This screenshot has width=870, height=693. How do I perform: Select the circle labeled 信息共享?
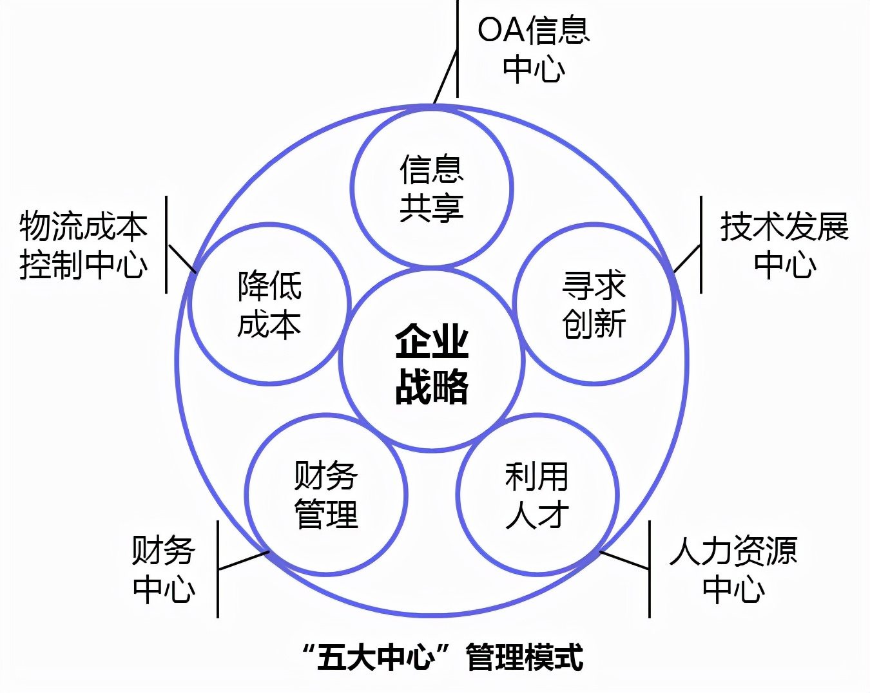point(432,187)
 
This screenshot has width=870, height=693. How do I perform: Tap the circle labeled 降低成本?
point(269,305)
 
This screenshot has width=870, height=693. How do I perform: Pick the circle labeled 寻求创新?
point(594,305)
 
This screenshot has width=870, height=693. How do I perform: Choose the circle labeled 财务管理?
point(326,495)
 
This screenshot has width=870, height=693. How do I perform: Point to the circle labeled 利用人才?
point(537,495)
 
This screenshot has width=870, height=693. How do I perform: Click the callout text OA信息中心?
point(534,49)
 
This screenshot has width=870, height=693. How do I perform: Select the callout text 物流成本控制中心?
point(84,245)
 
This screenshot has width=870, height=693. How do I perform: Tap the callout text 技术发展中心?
point(784,245)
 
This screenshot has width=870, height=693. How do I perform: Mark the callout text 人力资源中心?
point(733,569)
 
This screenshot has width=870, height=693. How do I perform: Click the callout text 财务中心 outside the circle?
point(164,569)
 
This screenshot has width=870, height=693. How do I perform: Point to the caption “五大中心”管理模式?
point(443,657)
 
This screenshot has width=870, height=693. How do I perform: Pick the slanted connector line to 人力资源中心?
point(624,560)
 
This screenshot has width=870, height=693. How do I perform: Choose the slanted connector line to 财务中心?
point(244,560)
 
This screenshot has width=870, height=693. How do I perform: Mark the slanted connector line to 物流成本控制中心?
point(182,258)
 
